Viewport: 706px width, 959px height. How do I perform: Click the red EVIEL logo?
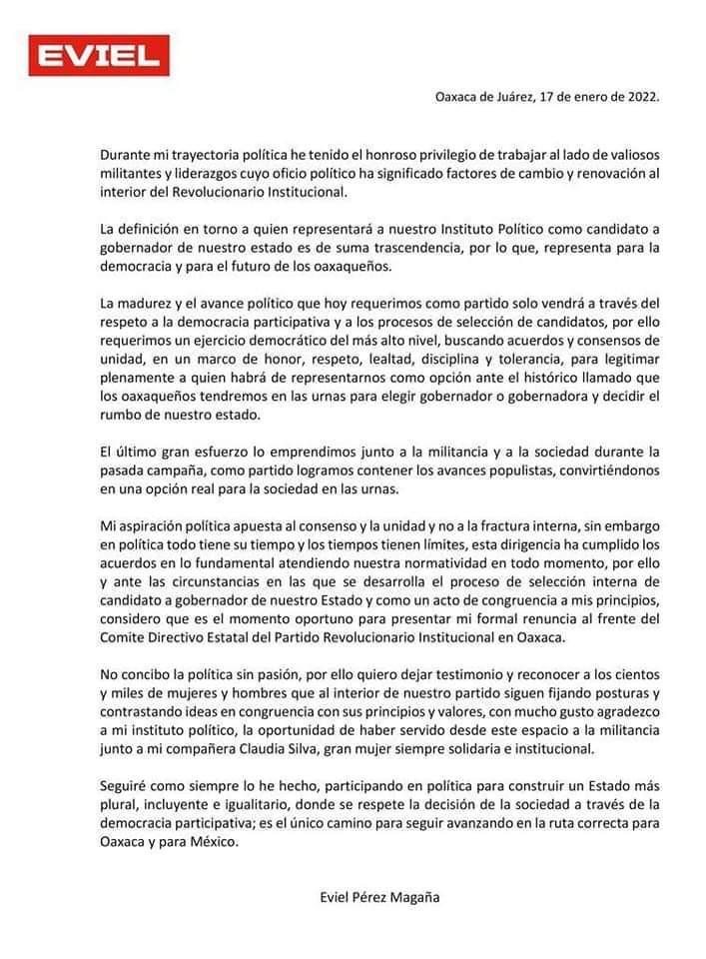point(98,57)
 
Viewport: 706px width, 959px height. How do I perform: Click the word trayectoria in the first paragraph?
point(217,156)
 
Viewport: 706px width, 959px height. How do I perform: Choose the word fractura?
point(492,525)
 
